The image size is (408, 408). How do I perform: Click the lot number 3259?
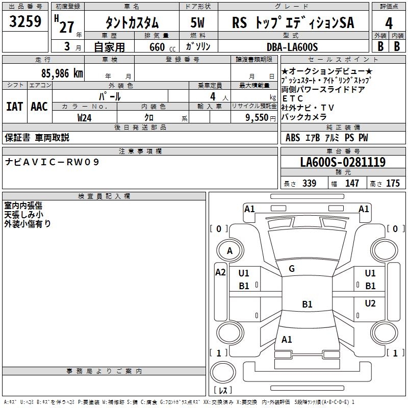tap(25, 22)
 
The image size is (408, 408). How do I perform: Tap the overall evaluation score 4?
tap(389, 22)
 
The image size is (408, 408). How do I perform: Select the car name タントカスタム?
tap(132, 23)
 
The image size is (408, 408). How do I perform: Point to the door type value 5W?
tap(198, 23)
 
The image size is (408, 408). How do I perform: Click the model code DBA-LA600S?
tap(292, 47)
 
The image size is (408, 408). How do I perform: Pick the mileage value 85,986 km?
tap(62, 73)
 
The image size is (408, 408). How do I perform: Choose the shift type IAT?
tap(14, 107)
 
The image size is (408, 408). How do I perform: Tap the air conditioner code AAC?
tap(39, 107)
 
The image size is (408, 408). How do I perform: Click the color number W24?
tap(84, 117)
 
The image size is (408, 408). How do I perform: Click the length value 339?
tap(309, 184)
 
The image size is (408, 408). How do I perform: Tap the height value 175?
tap(393, 184)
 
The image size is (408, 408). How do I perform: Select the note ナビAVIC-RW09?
tap(52, 162)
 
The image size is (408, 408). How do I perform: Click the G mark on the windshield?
tap(292, 269)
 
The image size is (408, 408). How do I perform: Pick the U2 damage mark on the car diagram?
tap(370, 303)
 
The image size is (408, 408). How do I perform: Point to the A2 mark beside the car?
tap(220, 272)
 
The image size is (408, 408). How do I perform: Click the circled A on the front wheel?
tap(229, 251)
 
